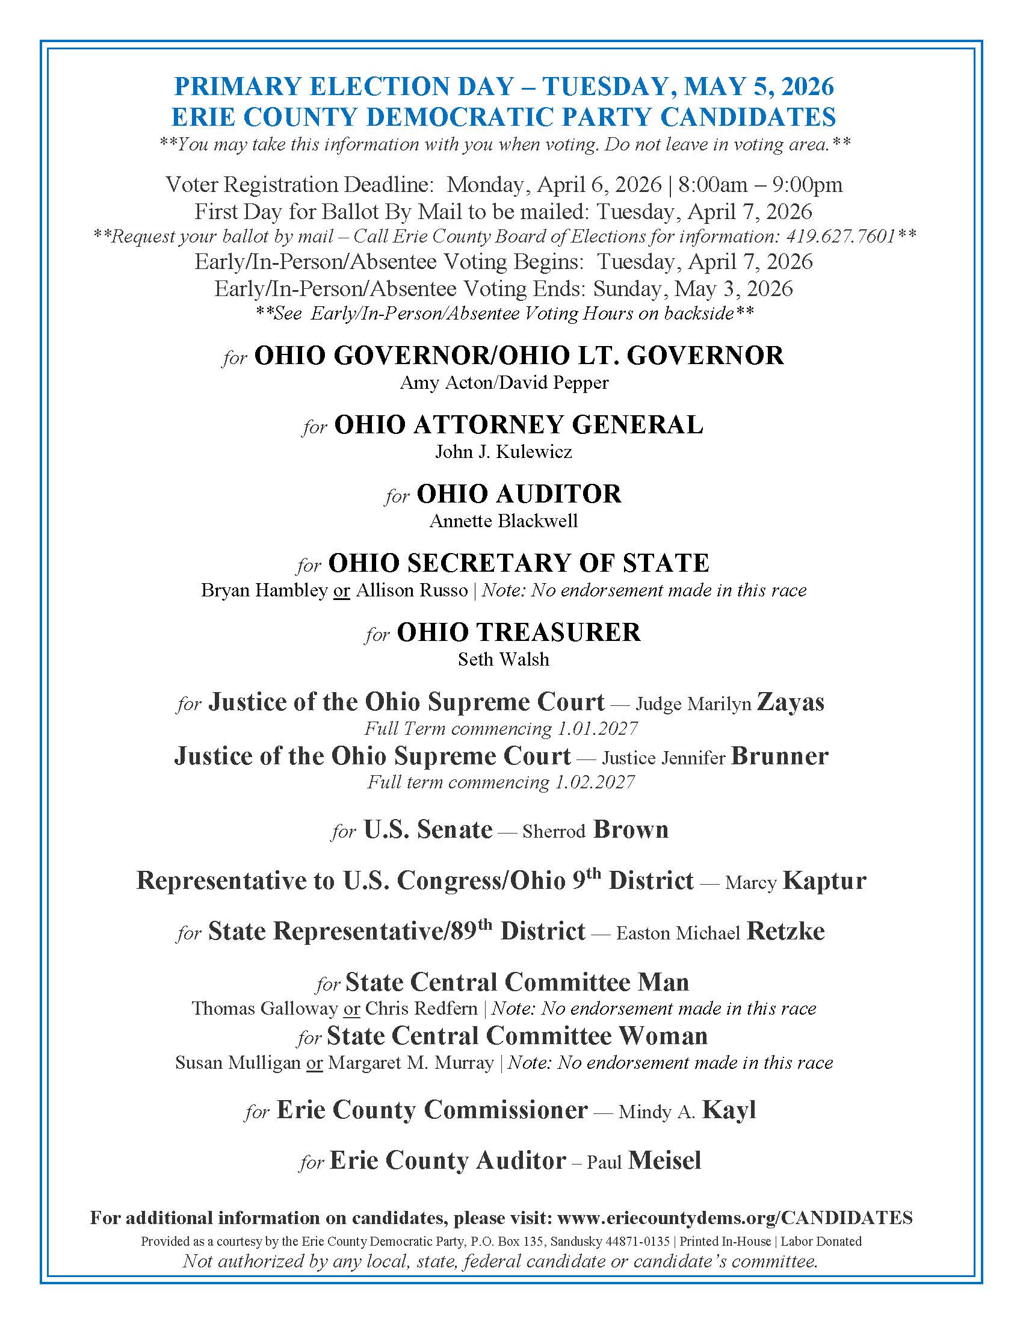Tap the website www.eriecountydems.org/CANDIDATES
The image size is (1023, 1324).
coord(735,1218)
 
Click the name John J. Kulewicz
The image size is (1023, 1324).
coord(504,452)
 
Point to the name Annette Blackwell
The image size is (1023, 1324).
coord(504,521)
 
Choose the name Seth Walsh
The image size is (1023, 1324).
coord(504,660)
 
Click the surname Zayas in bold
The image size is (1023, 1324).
coord(790,702)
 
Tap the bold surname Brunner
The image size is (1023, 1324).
coord(779,756)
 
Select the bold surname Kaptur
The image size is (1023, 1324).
coord(824,880)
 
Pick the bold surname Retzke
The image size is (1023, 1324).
coord(785,931)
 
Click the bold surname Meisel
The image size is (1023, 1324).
coord(665,1160)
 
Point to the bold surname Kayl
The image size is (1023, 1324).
coord(729,1110)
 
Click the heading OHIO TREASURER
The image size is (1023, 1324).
coord(518,633)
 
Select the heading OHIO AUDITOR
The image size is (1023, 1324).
coord(519,494)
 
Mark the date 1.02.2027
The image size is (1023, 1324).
coord(595,782)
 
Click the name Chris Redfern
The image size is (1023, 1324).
coord(421,1008)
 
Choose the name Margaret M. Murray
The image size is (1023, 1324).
coord(411,1063)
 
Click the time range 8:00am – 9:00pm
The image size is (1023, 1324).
coord(760,185)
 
